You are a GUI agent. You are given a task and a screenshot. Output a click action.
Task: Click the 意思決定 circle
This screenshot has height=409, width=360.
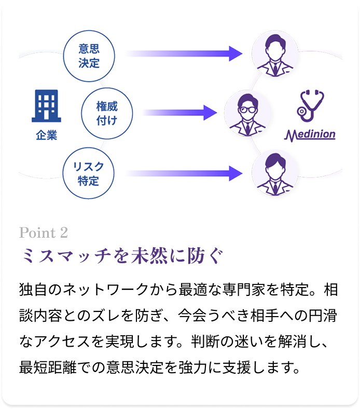point(89,57)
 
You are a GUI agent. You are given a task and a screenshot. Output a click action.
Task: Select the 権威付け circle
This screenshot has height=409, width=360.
point(107,114)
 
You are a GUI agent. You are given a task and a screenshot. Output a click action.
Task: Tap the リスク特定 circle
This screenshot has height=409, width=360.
point(89,173)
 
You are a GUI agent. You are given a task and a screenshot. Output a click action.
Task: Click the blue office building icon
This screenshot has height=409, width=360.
point(45,106)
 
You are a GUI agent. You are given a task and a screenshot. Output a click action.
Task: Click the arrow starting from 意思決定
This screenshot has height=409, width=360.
point(184,53)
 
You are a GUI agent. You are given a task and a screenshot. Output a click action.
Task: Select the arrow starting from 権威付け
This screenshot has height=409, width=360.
point(179,113)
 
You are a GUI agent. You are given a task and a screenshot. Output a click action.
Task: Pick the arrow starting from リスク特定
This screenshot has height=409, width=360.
point(184,173)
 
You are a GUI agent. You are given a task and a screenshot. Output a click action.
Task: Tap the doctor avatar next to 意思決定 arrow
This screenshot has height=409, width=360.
point(275,53)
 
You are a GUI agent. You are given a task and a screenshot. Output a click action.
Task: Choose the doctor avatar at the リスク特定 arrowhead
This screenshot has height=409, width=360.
point(275,173)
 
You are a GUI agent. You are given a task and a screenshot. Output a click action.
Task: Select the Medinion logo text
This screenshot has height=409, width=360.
point(310,135)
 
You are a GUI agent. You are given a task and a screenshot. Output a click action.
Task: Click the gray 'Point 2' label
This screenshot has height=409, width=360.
point(44,233)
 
